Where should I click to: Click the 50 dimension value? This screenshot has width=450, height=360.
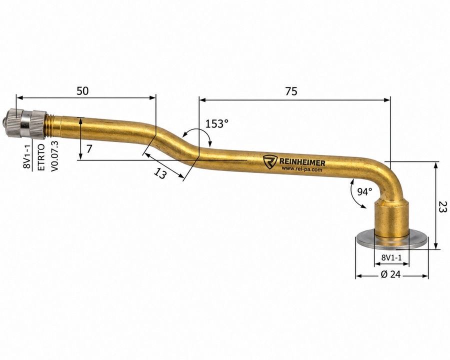coord(82,90)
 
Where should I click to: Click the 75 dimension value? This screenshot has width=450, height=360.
coord(291,91)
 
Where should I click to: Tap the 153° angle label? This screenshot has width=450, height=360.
coord(217,123)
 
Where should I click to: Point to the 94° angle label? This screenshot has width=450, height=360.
coord(364,191)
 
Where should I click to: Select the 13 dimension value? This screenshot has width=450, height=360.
coord(160,173)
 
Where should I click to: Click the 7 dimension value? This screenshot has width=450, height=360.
coord(89,149)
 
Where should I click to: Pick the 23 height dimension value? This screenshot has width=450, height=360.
coord(443,206)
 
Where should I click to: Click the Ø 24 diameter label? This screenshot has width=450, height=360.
coord(390,274)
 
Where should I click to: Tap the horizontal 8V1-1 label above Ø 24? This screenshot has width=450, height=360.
coord(391,257)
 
